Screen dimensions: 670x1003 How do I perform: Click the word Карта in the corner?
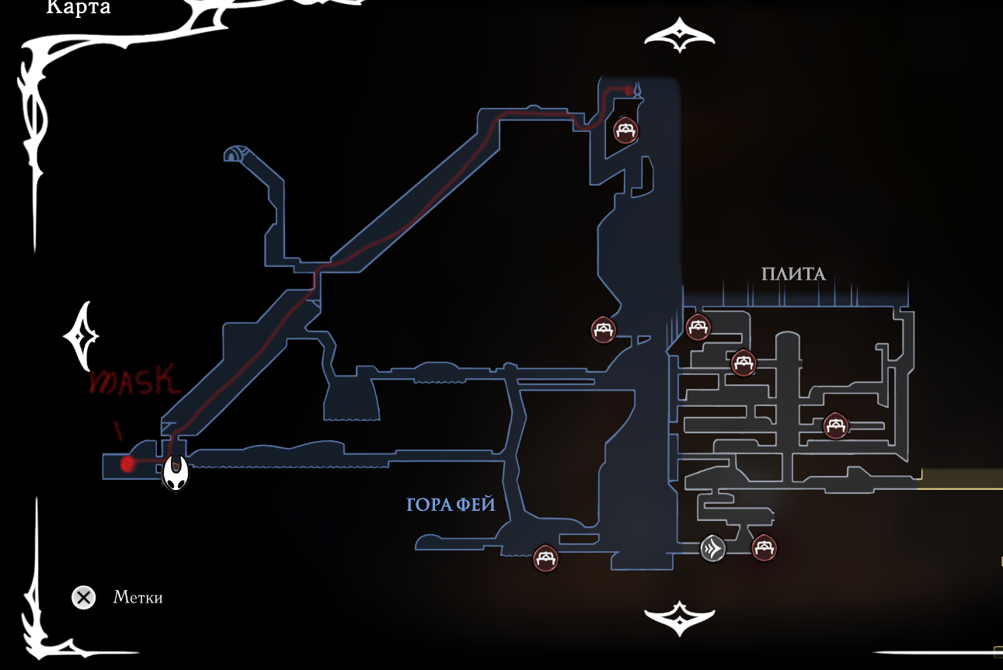pyautogui.click(x=78, y=9)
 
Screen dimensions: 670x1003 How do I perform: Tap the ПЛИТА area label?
pyautogui.click(x=792, y=273)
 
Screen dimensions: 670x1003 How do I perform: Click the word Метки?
pyautogui.click(x=138, y=598)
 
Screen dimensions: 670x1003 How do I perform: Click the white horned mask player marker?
pyautogui.click(x=176, y=471)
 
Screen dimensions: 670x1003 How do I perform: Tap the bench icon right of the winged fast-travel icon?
pyautogui.click(x=764, y=548)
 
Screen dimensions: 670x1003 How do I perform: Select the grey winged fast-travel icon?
pyautogui.click(x=712, y=549)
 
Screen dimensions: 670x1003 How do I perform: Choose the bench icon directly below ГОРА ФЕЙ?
pyautogui.click(x=546, y=557)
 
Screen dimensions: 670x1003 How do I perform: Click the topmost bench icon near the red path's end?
pyautogui.click(x=625, y=130)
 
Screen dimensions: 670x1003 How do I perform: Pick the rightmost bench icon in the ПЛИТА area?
pyautogui.click(x=836, y=425)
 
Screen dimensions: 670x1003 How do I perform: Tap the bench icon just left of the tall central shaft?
pyautogui.click(x=604, y=329)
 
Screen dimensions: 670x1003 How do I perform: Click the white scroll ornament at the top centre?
pyautogui.click(x=679, y=36)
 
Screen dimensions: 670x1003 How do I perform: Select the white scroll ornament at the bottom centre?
pyautogui.click(x=679, y=618)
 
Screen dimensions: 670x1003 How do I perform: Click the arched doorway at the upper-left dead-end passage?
pyautogui.click(x=234, y=154)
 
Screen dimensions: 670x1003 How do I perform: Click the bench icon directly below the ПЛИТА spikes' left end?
pyautogui.click(x=698, y=327)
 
